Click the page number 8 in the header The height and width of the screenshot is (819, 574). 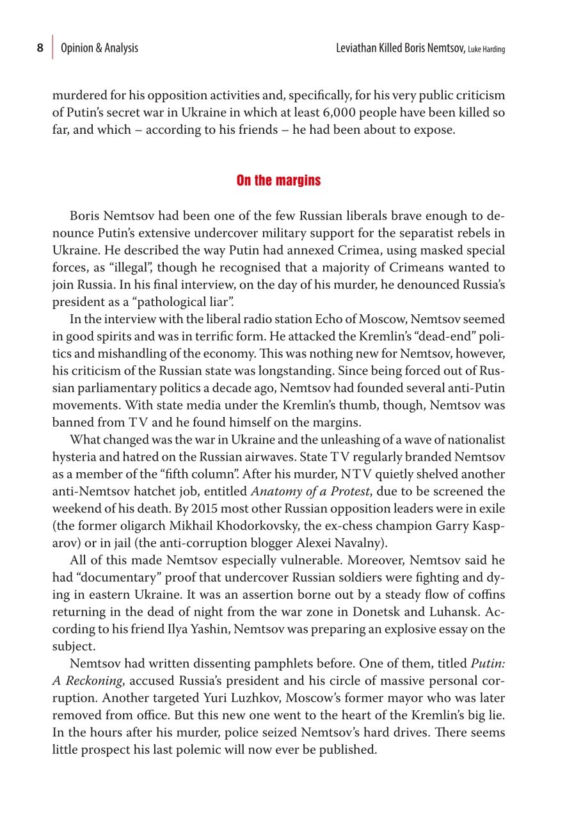[x=40, y=48]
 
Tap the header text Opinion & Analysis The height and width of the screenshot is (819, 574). [x=99, y=48]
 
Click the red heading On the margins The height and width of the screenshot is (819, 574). [x=278, y=180]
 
